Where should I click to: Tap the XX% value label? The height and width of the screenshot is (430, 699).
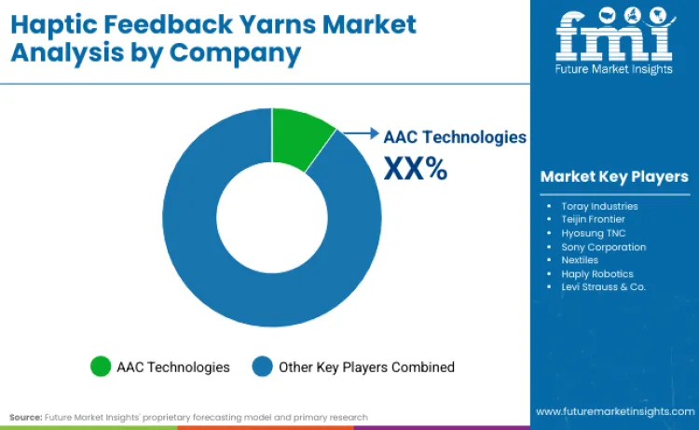(416, 169)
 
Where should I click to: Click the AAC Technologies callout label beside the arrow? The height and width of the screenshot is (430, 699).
(455, 136)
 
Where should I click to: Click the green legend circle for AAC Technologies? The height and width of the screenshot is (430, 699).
(100, 367)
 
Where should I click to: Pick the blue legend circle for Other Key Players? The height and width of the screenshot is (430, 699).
(262, 367)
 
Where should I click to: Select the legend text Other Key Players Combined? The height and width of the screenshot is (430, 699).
(366, 367)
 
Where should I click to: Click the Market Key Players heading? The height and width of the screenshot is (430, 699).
(614, 176)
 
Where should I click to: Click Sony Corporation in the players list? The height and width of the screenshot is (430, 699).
(603, 247)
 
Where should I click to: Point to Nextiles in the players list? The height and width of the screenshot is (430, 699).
(580, 260)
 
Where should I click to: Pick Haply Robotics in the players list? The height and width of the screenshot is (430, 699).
(597, 274)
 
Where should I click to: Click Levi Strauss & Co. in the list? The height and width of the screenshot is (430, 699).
(603, 287)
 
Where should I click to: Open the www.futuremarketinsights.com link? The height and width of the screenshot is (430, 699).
(614, 411)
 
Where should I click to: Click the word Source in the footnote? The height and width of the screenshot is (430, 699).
(25, 417)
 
